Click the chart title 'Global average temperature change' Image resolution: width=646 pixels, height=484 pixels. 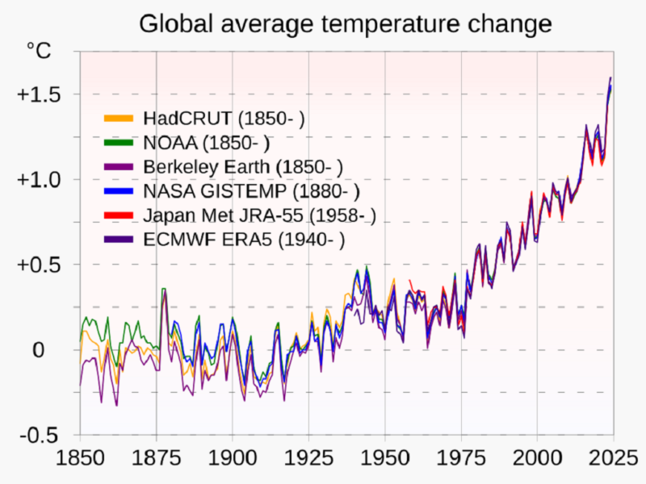click(x=346, y=23)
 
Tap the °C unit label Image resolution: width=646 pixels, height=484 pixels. click(x=38, y=52)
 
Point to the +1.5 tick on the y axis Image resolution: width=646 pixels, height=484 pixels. click(x=37, y=94)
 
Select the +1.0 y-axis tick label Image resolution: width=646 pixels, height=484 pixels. click(x=37, y=179)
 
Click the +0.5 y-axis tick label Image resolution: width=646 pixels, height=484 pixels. click(x=37, y=265)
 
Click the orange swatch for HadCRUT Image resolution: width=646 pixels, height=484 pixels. click(x=120, y=119)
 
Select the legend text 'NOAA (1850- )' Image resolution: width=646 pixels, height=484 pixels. click(x=206, y=144)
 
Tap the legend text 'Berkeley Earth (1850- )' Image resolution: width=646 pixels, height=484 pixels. click(x=242, y=168)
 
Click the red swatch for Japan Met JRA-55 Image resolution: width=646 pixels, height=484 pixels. click(x=120, y=215)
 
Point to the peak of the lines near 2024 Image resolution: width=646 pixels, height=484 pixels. click(x=610, y=78)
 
